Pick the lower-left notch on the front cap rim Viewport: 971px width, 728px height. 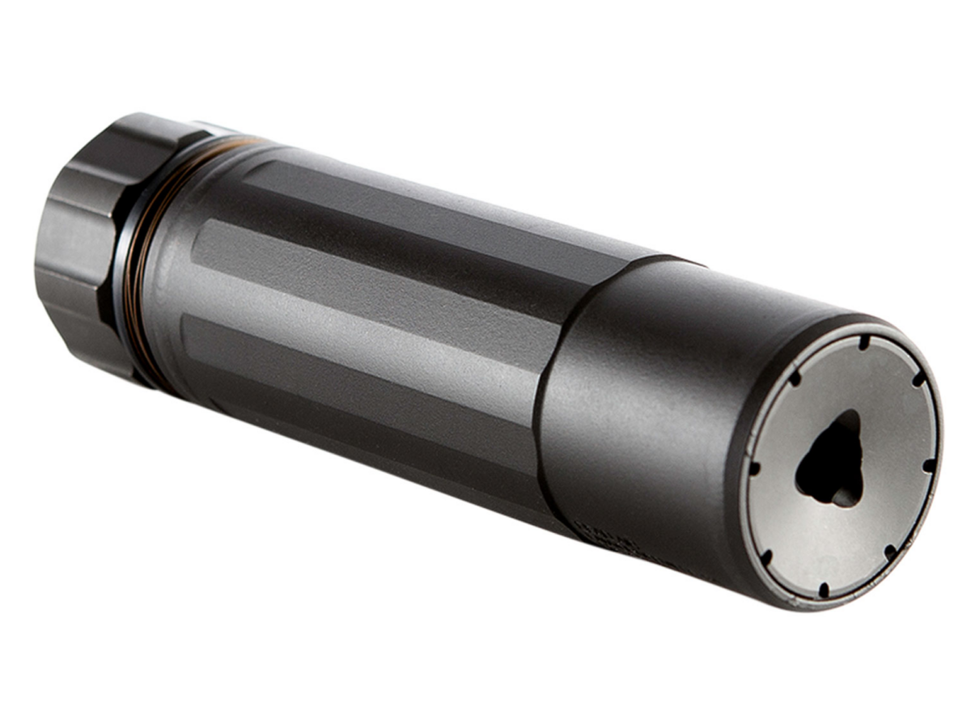click(766, 556)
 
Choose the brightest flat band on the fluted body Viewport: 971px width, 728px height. click(364, 324)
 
